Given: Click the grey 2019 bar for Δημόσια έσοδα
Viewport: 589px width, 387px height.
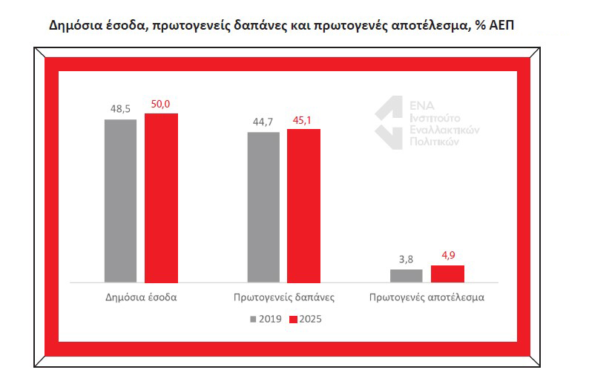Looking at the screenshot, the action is tap(121, 201).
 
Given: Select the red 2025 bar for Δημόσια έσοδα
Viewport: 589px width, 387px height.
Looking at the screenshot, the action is tap(161, 198).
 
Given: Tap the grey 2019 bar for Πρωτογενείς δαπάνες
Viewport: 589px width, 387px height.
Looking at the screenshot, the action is tap(263, 207).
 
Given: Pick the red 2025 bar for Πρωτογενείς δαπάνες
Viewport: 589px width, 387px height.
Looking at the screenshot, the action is tap(304, 205).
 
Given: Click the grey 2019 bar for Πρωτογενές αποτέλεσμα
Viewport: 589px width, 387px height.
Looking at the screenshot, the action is tap(407, 276).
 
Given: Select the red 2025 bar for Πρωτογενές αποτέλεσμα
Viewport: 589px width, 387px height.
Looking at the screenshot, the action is tap(448, 274).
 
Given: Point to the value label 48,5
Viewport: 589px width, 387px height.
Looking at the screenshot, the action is tap(121, 109).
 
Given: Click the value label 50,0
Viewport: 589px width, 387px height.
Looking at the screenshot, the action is tap(160, 104).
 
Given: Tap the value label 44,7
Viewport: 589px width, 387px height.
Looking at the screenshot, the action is tap(263, 122).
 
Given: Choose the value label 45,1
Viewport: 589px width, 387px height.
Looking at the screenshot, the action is tap(302, 120).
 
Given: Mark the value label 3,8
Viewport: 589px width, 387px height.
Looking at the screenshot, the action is tap(406, 259).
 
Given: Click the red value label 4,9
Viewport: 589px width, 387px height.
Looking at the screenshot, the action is tap(448, 255).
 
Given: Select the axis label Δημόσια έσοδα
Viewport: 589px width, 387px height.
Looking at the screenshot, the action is tap(141, 297).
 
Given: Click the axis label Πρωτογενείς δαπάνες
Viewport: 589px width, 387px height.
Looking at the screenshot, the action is tap(284, 297).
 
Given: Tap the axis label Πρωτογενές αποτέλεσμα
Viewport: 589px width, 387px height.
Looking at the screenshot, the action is tap(427, 297).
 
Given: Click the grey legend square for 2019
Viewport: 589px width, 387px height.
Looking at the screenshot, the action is tap(253, 319).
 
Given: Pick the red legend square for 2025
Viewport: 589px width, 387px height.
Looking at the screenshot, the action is tap(293, 319).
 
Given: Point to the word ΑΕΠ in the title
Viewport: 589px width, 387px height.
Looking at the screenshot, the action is tap(501, 25).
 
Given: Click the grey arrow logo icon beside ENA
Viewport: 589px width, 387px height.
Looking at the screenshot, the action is tap(389, 122).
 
